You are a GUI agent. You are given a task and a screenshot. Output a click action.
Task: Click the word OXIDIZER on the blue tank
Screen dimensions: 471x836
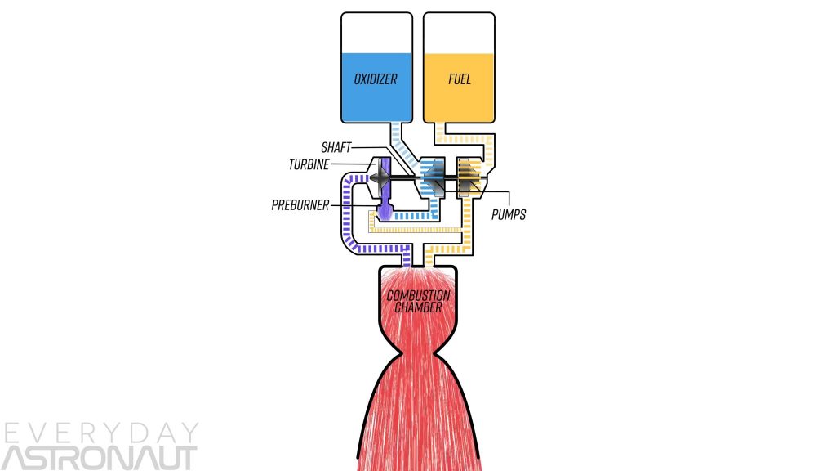[375, 80]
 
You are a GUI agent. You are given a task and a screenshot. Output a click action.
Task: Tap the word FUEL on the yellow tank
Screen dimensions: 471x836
[460, 80]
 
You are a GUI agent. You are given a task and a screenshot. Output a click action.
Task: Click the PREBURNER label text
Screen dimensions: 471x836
[300, 204]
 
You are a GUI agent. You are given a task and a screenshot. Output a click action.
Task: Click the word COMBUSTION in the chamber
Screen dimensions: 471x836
[419, 295]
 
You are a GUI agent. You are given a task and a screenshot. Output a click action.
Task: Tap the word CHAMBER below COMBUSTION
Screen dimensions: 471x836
[419, 307]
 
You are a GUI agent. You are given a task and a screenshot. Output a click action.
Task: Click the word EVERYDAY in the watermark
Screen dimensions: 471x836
[100, 434]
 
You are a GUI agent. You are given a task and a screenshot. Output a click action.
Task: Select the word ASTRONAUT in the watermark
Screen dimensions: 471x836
[99, 458]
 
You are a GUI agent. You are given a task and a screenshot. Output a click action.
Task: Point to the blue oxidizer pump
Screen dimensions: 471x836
[430, 175]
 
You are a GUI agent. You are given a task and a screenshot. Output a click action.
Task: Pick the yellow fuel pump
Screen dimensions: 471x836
[468, 175]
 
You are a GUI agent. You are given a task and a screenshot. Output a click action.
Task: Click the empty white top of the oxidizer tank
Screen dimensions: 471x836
[375, 33]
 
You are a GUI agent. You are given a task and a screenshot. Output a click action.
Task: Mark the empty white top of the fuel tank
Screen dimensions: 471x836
[460, 33]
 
